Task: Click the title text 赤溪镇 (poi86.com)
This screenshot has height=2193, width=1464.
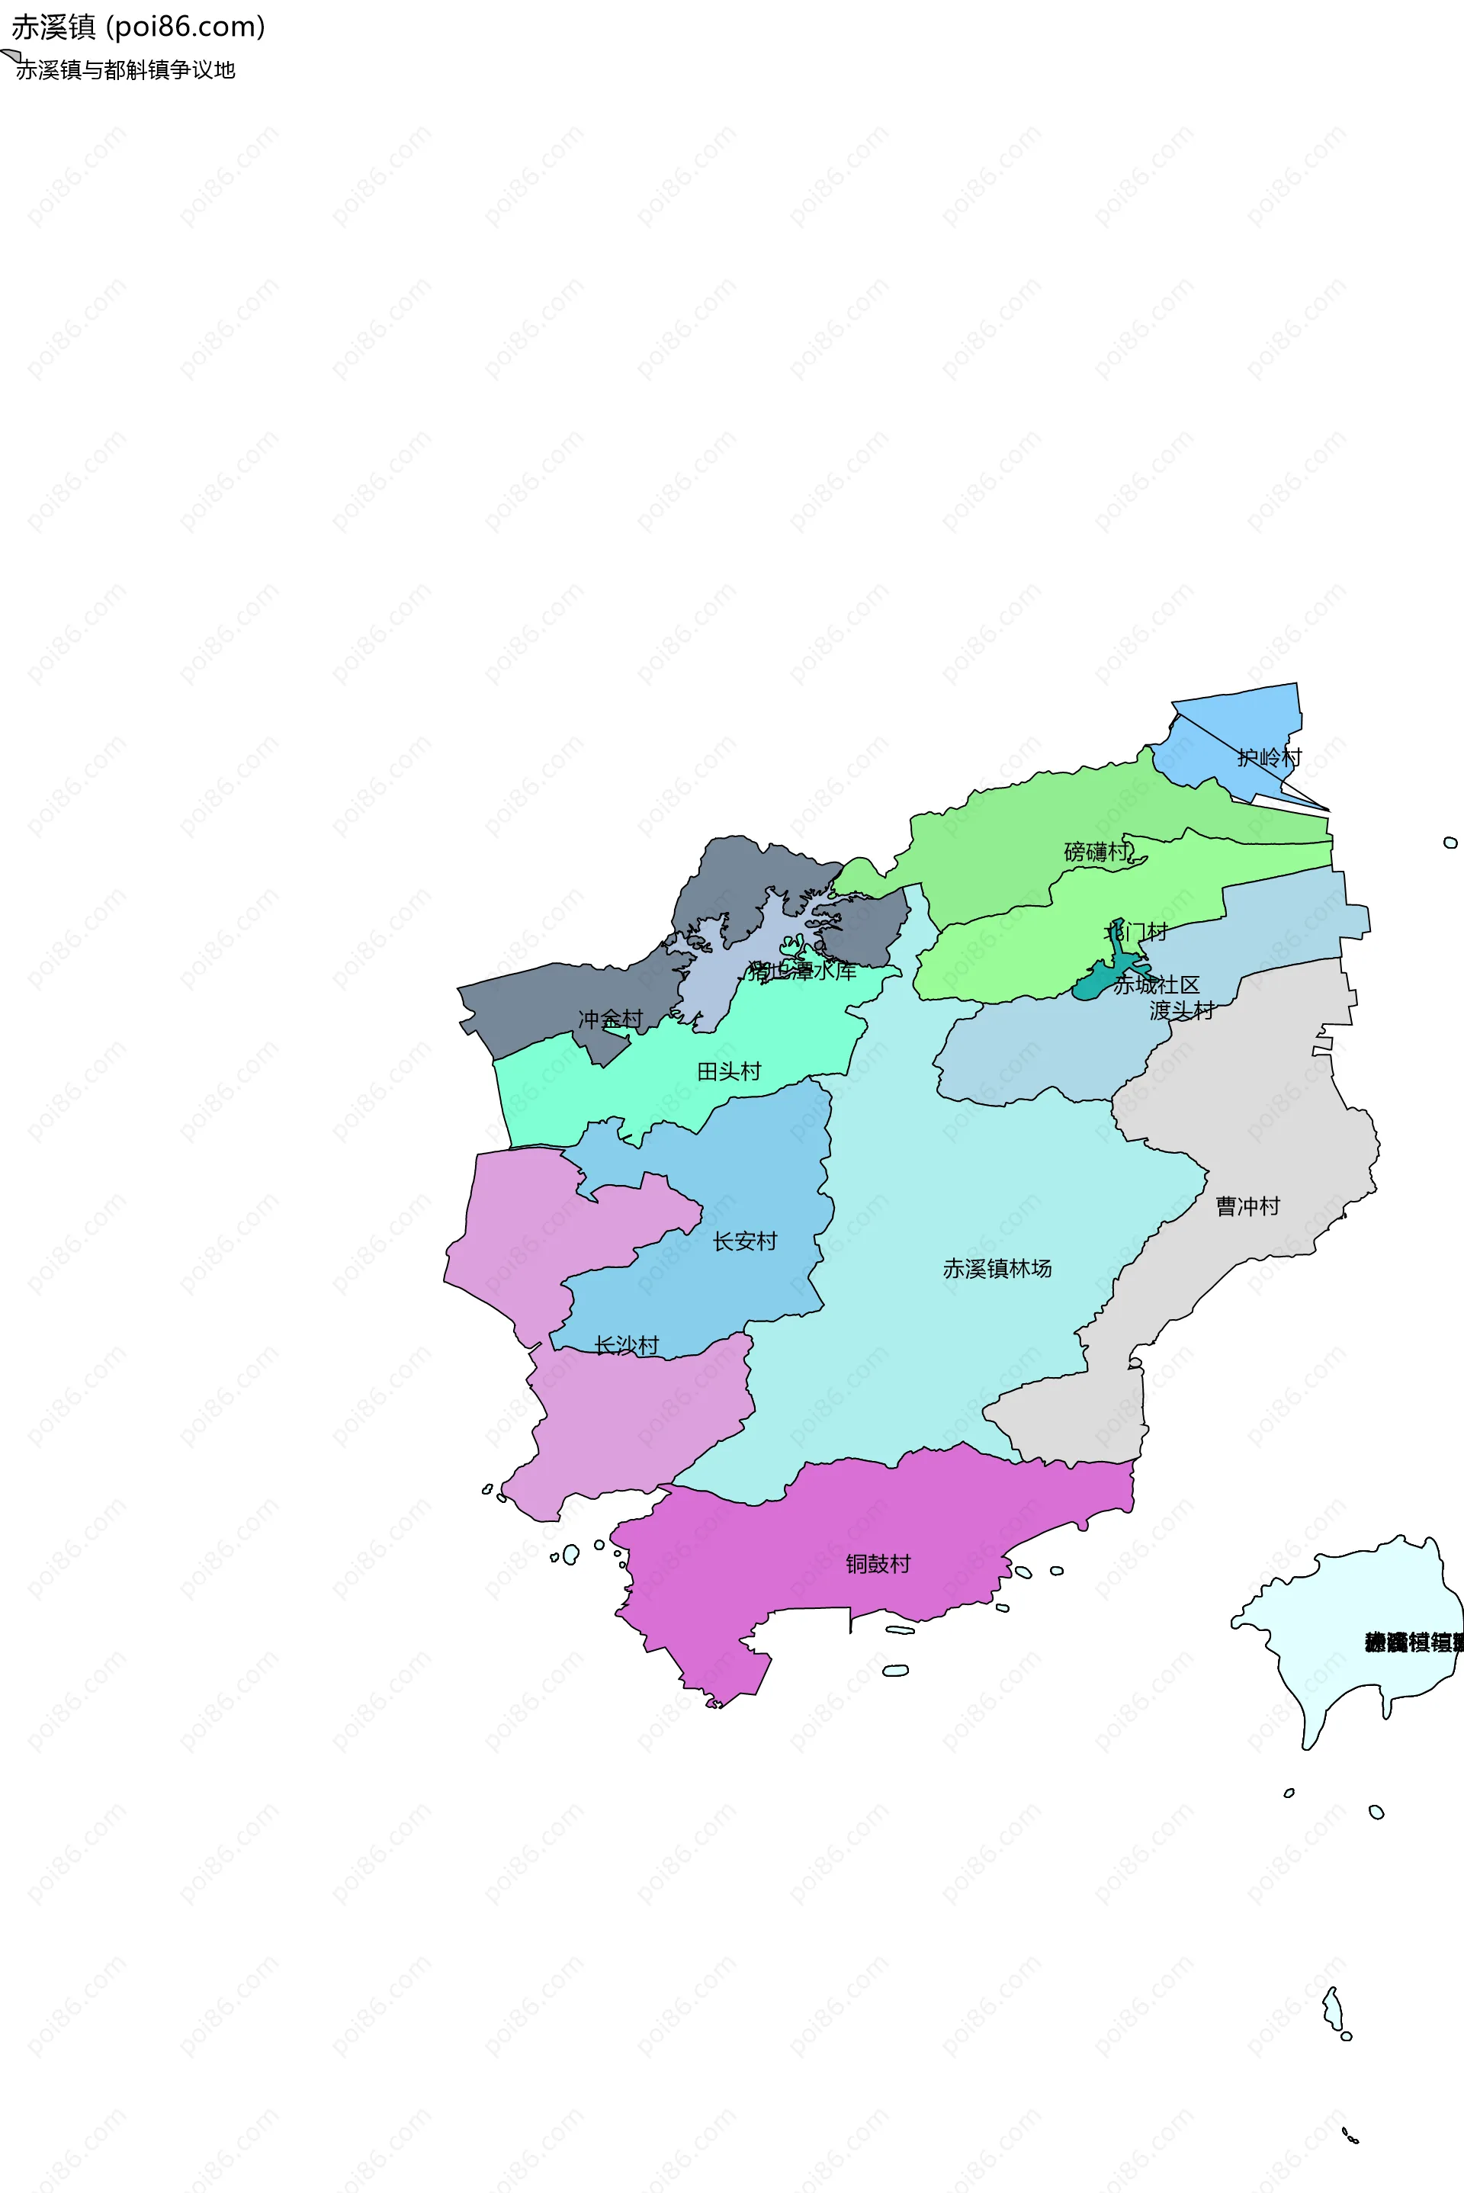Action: (138, 27)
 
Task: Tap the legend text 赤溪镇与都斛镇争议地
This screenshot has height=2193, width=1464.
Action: (125, 70)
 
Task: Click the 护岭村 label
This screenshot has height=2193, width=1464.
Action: (1269, 757)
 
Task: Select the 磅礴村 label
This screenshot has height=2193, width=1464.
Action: (1096, 852)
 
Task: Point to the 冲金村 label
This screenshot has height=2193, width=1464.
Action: (610, 1019)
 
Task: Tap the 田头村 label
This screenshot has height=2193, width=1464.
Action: (729, 1071)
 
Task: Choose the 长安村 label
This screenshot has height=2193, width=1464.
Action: (744, 1241)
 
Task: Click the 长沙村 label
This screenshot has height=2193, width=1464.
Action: (627, 1344)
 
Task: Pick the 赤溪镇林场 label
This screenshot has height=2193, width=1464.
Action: (997, 1268)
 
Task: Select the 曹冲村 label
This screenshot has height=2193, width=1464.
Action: (1247, 1206)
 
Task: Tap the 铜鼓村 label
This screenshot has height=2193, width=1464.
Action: (878, 1564)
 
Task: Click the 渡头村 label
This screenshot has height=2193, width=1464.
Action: (1181, 1010)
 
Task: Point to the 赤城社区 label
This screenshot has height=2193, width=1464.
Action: (1156, 985)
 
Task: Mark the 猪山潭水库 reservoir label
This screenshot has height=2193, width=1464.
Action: (802, 971)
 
